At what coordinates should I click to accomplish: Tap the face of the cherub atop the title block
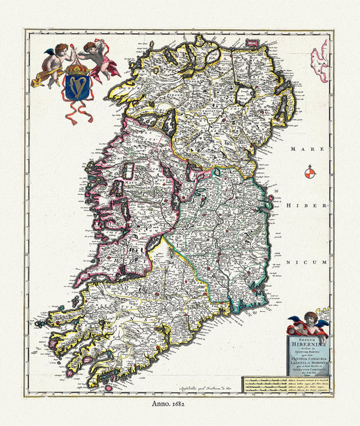(x=309, y=318)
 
